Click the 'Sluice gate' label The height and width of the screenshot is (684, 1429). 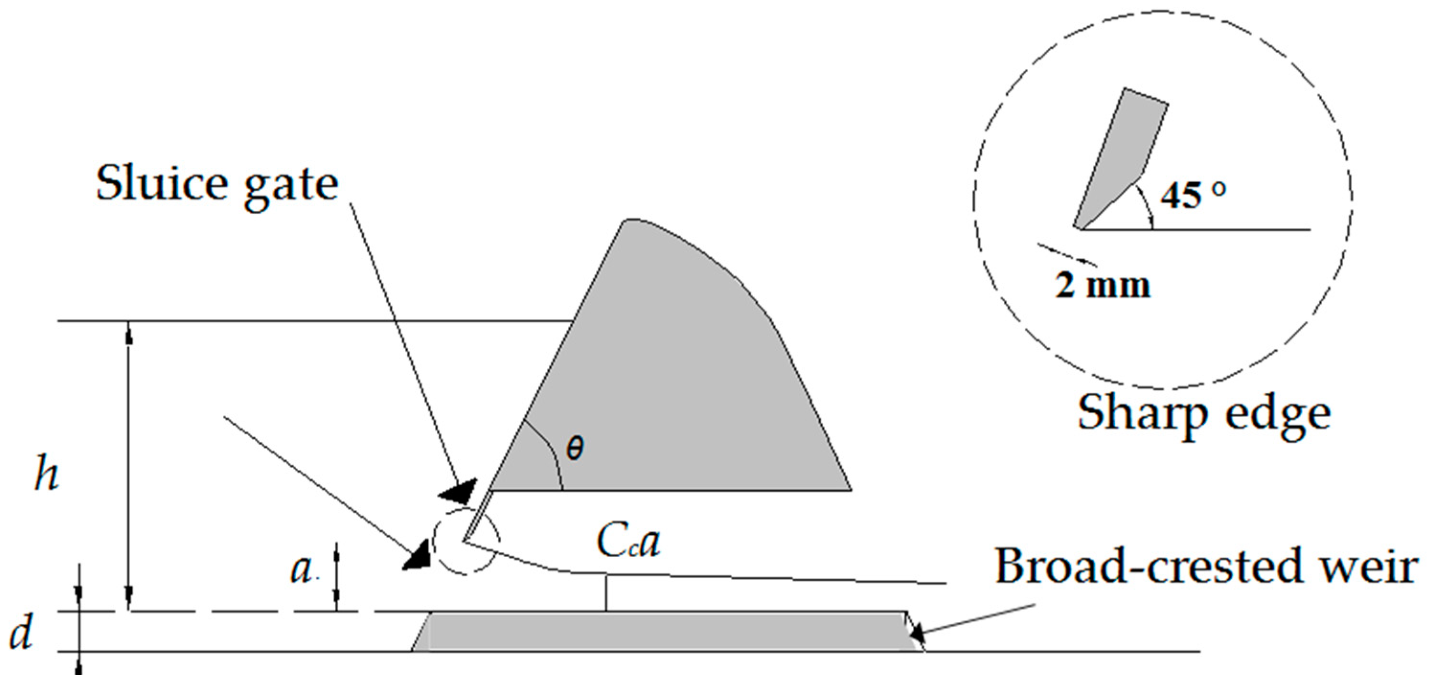(x=217, y=185)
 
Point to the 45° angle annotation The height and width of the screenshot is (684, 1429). (x=1193, y=195)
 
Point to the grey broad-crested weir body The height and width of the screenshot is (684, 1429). (x=666, y=631)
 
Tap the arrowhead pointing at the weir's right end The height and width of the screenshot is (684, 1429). (x=916, y=631)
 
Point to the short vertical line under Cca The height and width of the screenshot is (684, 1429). (x=606, y=593)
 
